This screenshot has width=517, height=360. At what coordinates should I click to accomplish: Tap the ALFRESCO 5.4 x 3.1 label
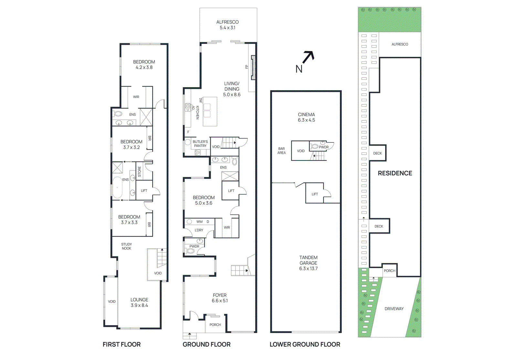[x=227, y=25]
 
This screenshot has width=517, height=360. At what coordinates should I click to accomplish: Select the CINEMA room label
[x=306, y=117]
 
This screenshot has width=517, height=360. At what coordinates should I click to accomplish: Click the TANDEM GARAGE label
[x=308, y=262]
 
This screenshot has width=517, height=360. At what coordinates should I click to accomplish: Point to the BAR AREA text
[x=281, y=151]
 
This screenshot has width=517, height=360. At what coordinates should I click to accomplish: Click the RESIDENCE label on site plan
[x=395, y=173]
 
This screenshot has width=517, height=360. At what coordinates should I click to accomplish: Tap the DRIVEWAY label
[x=394, y=309]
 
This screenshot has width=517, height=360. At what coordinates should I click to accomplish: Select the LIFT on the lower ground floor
[x=314, y=194]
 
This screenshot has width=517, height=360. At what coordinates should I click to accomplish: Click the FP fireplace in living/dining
[x=253, y=67]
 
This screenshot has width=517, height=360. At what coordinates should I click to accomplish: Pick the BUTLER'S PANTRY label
[x=200, y=144]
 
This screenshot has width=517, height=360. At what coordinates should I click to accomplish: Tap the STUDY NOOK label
[x=126, y=246]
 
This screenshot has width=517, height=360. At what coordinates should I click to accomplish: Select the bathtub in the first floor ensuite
[x=117, y=188]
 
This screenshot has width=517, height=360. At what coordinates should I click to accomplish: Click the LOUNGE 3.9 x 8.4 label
[x=139, y=303]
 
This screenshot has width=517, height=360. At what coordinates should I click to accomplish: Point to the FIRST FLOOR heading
[x=121, y=345]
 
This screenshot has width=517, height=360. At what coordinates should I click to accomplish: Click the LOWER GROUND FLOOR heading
[x=305, y=345]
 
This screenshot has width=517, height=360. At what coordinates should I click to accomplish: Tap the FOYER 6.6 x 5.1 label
[x=220, y=298]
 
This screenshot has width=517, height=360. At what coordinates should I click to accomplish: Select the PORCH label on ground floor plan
[x=215, y=325]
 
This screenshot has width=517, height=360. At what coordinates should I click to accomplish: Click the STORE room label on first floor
[x=140, y=171]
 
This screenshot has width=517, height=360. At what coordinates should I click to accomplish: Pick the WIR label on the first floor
[x=136, y=97]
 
